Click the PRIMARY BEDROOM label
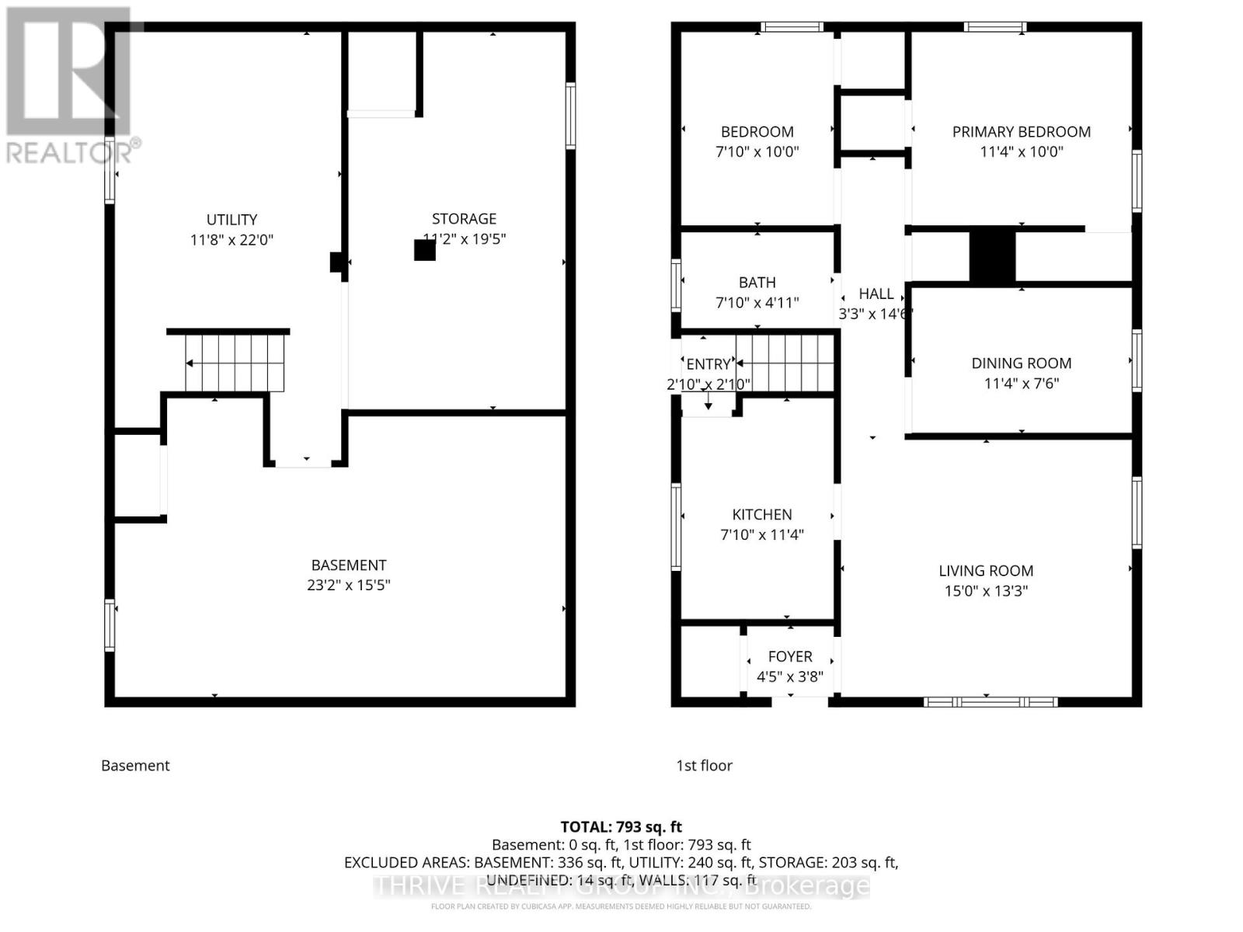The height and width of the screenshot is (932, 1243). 1021,132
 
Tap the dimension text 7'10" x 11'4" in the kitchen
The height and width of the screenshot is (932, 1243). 761,534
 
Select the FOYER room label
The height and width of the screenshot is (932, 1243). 789,656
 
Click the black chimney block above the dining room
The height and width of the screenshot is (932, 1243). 992,257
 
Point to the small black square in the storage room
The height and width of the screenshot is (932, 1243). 424,250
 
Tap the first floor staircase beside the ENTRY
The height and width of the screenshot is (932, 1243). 785,363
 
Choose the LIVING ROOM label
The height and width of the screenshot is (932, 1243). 985,571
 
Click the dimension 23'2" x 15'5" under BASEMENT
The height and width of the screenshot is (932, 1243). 348,585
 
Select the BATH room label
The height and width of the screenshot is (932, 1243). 757,283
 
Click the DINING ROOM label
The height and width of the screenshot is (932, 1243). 1021,363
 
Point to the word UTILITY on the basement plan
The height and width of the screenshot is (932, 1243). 232,220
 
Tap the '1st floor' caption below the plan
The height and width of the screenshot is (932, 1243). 704,766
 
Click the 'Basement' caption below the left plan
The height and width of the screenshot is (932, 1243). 135,766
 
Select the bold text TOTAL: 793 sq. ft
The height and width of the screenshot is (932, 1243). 621,826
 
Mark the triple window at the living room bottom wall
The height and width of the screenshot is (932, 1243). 990,702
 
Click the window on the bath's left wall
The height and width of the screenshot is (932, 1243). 676,284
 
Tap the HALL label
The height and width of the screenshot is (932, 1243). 876,294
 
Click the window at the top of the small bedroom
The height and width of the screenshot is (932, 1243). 791,27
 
